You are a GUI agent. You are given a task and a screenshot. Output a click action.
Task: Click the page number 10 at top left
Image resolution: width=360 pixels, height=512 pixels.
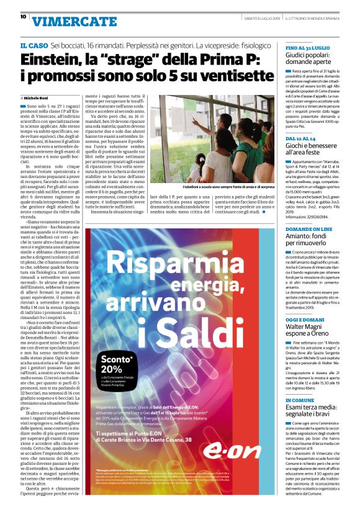(23, 17)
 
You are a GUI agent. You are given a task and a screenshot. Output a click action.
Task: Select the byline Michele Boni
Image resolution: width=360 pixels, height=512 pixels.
(38, 98)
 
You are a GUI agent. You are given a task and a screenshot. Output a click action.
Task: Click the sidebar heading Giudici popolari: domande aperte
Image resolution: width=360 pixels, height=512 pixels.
(312, 59)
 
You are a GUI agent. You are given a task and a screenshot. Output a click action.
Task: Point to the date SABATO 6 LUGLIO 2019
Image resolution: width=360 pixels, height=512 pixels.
(264, 17)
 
